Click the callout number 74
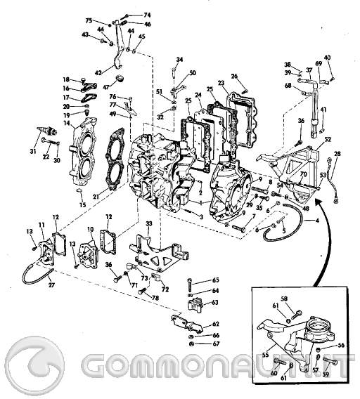tap(146, 15)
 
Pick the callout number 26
tap(234, 76)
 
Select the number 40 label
tap(327, 57)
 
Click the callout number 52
tap(328, 140)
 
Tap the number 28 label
tap(337, 153)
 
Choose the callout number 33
tap(148, 223)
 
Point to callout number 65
tap(216, 280)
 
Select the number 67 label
tap(216, 344)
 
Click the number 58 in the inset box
tap(285, 299)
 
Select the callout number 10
tap(90, 230)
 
